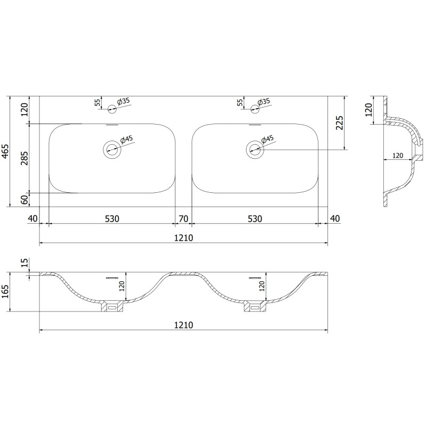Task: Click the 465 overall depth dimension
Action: pos(6,152)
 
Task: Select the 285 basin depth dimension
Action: pos(24,158)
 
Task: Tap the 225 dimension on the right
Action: pos(340,123)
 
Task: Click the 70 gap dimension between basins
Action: pos(184,218)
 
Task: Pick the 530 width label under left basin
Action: pos(112,218)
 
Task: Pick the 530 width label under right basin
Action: pos(255,218)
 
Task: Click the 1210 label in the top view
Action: pos(183,237)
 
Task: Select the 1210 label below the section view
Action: pos(183,325)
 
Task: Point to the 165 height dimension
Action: pos(6,291)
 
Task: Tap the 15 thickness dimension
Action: pos(24,263)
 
